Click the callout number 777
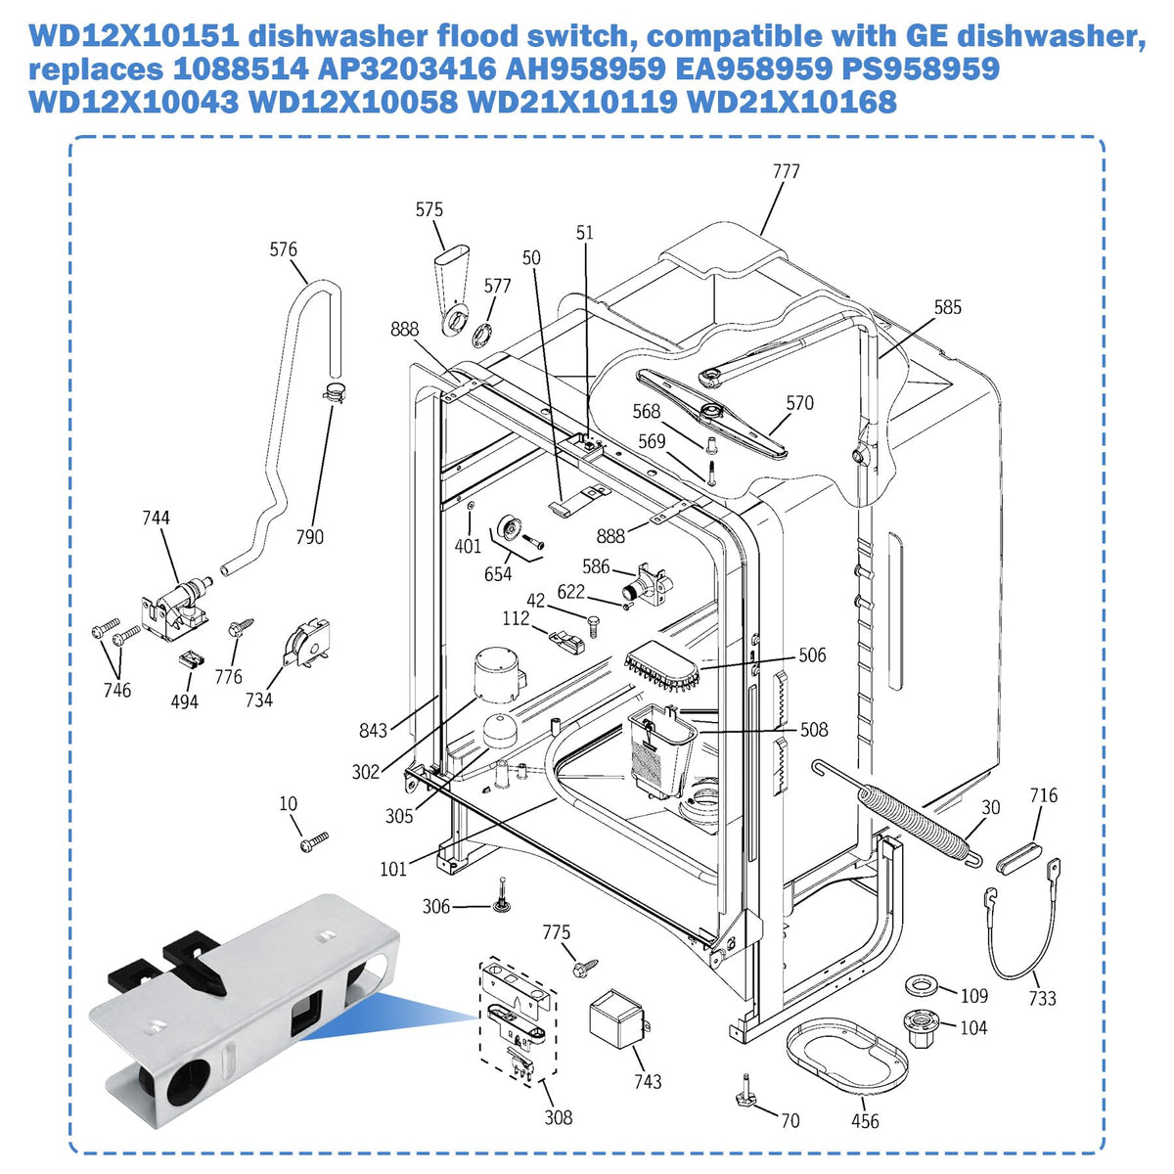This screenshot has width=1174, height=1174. pos(786,171)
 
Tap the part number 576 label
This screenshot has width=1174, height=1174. pos(284,249)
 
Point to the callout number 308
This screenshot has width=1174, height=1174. pos(558,1116)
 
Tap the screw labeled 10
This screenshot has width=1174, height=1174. pos(314,841)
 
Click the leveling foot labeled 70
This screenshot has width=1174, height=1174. pos(746,1097)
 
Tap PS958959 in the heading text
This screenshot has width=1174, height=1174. pos(920,68)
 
